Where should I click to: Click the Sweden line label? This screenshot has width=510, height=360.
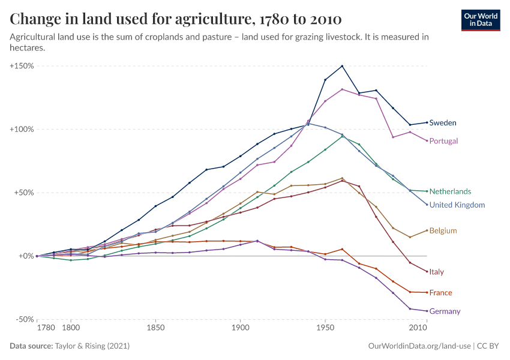point(443,123)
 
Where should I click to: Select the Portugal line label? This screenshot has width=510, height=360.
point(443,141)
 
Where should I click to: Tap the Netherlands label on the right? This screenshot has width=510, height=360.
point(450,191)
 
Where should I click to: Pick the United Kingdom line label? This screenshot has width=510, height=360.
point(457,205)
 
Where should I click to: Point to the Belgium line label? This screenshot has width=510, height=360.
point(443,230)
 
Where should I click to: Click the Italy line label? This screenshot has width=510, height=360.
point(436,272)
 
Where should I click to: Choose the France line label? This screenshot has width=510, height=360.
point(440,293)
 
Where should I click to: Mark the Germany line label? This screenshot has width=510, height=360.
point(445,311)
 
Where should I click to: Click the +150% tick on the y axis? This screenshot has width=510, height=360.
point(22,65)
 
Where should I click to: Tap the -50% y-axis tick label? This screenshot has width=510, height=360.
point(23,319)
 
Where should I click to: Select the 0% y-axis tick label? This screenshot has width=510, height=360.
point(26,256)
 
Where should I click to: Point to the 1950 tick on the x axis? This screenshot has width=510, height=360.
point(325,328)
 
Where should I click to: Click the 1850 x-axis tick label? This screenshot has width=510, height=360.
point(155,328)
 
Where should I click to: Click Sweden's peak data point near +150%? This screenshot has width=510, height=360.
point(342,66)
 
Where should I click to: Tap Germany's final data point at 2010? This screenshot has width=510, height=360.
point(427,311)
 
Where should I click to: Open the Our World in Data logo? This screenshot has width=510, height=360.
point(481,20)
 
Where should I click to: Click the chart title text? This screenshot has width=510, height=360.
point(176,19)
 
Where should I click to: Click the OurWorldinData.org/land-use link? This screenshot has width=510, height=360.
point(418,346)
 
